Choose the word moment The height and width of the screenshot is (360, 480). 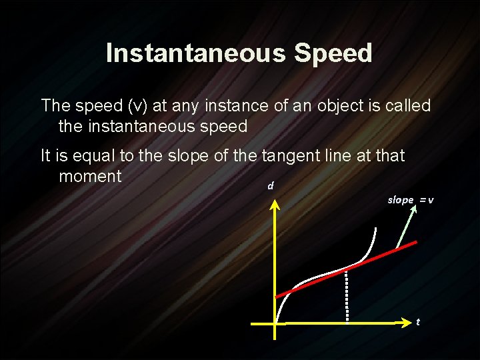click(x=90, y=176)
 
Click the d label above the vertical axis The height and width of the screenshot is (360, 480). click(x=270, y=185)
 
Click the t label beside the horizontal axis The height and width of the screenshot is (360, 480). click(x=418, y=322)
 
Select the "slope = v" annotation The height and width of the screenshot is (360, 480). click(x=411, y=200)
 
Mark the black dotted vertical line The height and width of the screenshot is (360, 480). click(x=347, y=297)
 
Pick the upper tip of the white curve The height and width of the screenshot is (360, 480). click(x=375, y=229)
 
